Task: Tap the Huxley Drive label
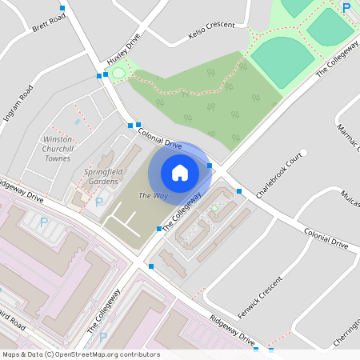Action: (x=123, y=50)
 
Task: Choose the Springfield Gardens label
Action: (x=102, y=176)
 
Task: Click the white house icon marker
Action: (x=180, y=172)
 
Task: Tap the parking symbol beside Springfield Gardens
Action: (x=99, y=202)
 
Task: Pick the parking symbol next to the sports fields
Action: (x=346, y=7)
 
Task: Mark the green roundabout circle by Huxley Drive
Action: (x=118, y=74)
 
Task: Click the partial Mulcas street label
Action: (x=350, y=198)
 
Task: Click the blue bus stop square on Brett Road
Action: (x=62, y=7)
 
